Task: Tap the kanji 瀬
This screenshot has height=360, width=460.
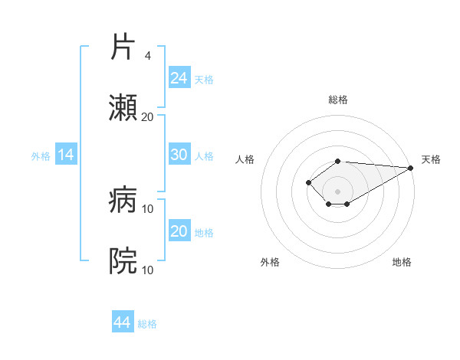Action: pos(123,108)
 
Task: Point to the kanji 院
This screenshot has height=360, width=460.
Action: pos(123,261)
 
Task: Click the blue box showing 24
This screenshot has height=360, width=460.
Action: pos(179,77)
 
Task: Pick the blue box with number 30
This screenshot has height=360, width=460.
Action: pos(179,155)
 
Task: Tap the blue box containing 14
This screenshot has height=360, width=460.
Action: pos(66,155)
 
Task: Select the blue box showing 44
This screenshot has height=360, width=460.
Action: pos(123,322)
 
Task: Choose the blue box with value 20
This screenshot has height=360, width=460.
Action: pos(179,231)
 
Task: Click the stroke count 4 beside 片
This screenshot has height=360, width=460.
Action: pos(147,55)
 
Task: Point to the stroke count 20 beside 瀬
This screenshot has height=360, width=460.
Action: pos(147,116)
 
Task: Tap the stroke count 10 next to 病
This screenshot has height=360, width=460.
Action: pos(148,208)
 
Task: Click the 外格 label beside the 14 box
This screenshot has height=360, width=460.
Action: pos(41,155)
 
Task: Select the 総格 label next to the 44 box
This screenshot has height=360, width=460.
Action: pos(147,324)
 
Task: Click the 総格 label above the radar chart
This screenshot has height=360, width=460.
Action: pos(338,100)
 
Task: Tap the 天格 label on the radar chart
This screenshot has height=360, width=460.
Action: pos(431,159)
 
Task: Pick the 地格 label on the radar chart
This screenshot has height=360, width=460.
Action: pos(402,262)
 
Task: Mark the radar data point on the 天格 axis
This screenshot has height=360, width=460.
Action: pos(411,168)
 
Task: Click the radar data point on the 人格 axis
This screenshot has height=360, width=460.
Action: pos(308,182)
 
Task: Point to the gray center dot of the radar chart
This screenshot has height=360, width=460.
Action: pos(338,191)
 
